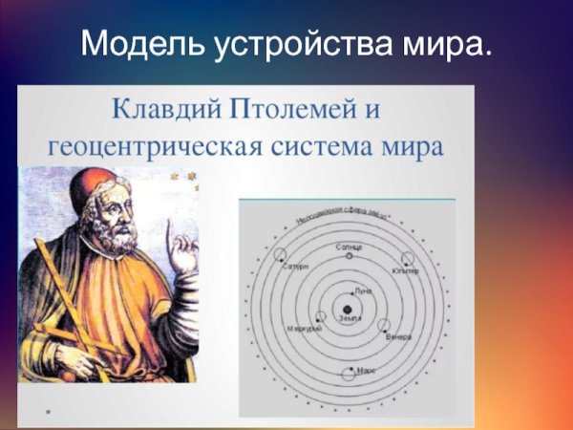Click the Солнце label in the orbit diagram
[349, 246]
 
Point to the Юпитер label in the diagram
[405, 271]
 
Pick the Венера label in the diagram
[399, 337]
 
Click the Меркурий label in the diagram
[304, 330]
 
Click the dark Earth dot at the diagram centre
[348, 309]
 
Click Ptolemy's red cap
[95, 183]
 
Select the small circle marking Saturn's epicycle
[281, 254]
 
